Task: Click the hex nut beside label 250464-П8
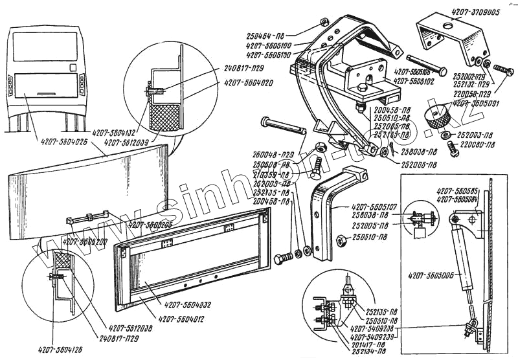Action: click(x=322, y=23)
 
